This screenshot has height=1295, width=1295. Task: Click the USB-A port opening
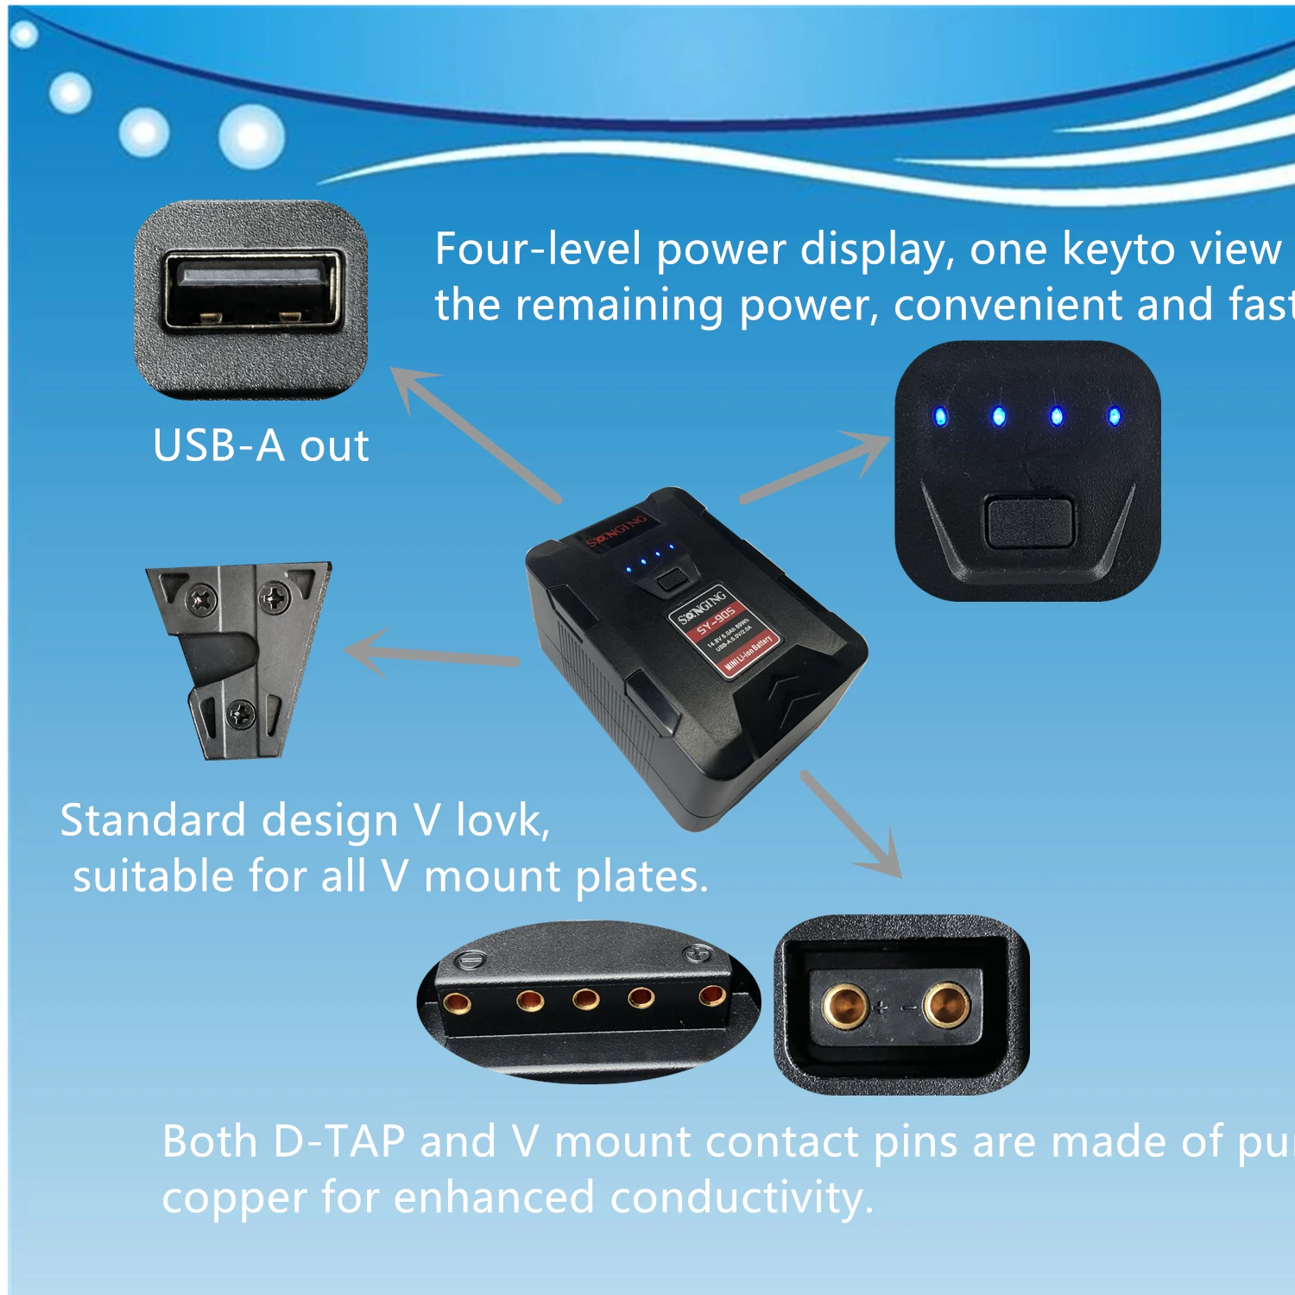coord(250,291)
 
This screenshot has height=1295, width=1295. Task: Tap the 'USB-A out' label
coord(261,446)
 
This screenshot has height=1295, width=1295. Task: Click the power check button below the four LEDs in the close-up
coord(1028,521)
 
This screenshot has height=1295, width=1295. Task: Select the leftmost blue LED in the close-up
coord(940,417)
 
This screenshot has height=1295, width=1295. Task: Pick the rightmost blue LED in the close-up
coord(1114,417)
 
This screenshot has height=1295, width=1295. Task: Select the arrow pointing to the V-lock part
coord(432,656)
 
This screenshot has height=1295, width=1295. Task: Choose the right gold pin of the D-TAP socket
coord(946,1005)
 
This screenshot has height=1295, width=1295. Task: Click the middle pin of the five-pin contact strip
coord(585,1000)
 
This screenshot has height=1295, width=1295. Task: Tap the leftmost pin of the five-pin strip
coord(455,1002)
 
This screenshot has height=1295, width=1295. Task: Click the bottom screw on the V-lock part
coord(239,713)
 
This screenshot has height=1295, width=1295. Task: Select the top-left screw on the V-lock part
coord(202,597)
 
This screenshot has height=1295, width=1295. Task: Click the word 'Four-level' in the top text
coord(538,250)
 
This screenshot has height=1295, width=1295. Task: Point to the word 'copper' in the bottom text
coord(234,1198)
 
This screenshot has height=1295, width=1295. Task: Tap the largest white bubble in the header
coord(251,136)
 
